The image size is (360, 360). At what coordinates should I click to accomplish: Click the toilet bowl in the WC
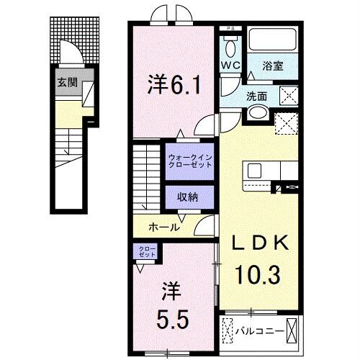[230, 48]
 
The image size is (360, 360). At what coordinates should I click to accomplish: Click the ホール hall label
[163, 227]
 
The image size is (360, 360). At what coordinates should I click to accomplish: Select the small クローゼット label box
[147, 252]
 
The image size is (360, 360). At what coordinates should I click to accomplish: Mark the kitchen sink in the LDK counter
[255, 171]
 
